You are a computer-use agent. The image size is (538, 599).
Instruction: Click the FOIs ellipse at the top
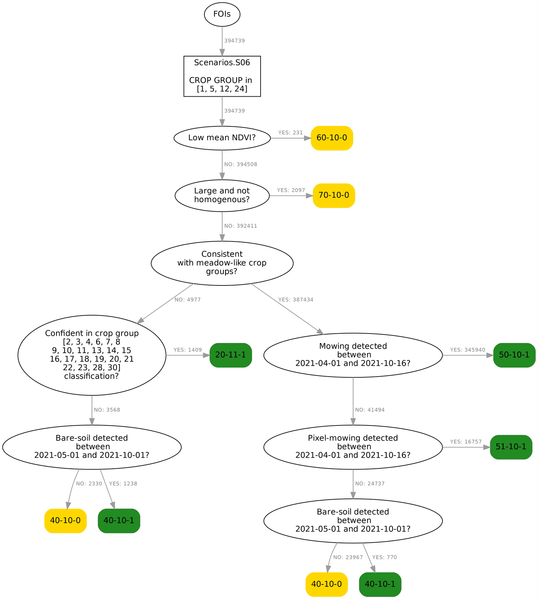pos(222,14)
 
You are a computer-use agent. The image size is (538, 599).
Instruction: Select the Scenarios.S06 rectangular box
pos(222,76)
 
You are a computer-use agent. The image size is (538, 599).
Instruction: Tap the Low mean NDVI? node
pos(222,138)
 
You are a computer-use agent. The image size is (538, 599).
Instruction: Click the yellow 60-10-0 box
pos(332,138)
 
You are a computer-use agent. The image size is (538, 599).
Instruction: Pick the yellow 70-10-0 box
pos(334,195)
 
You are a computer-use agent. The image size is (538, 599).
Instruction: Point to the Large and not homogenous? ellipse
pos(222,195)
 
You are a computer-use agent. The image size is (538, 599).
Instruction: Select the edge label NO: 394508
pos(240,165)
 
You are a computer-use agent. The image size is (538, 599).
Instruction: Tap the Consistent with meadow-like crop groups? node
pos(222,263)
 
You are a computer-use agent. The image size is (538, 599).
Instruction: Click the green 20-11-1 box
pos(230,355)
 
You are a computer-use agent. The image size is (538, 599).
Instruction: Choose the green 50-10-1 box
pos(514,355)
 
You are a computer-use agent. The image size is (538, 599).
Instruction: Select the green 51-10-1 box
pos(511,447)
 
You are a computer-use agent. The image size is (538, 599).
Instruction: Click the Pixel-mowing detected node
pos(353,447)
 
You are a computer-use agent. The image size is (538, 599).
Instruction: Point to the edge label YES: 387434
pos(296,300)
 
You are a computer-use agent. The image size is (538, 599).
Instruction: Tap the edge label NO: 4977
pos(187,300)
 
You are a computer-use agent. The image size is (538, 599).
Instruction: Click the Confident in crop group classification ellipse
pos(92,355)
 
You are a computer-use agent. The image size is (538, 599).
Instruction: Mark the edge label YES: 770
pos(384,557)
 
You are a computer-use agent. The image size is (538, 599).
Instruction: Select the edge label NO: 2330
pos(89,484)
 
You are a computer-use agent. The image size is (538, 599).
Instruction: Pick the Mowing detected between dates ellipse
pos(353,355)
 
